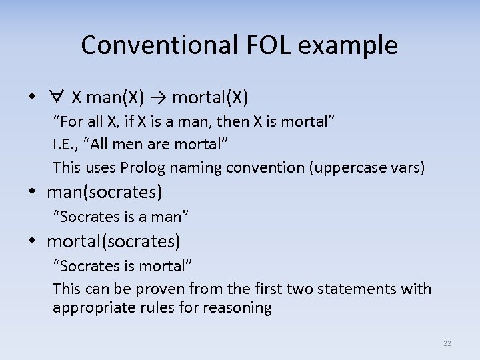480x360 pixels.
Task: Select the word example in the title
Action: tap(353, 45)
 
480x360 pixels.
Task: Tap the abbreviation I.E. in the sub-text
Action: tap(64, 144)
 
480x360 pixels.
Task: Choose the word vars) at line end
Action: tap(405, 167)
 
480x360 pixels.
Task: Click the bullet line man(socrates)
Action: tap(104, 193)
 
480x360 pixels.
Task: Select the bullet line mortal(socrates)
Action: tap(113, 241)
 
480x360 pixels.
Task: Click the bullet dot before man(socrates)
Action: tap(32, 193)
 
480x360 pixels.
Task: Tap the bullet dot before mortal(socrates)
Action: tap(32, 241)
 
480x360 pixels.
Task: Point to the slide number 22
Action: tap(447, 343)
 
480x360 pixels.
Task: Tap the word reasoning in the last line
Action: tap(239, 307)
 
